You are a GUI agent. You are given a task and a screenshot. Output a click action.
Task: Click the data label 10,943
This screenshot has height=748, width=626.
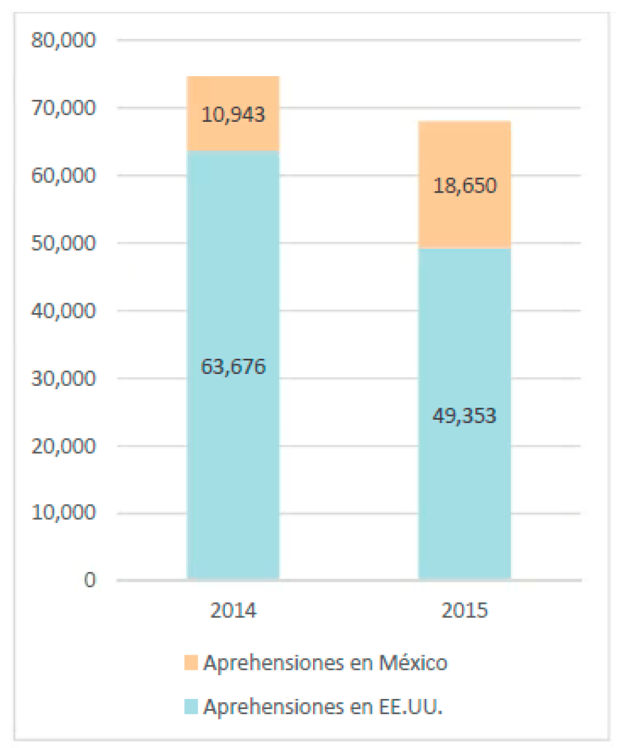[233, 115]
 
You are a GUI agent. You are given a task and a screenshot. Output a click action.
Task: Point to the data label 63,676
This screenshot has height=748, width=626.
[233, 367]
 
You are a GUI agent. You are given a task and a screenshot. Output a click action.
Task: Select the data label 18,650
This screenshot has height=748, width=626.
[465, 186]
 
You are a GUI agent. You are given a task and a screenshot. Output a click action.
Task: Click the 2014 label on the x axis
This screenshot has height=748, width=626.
[233, 610]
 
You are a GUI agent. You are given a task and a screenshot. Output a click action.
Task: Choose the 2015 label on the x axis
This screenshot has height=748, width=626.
[465, 610]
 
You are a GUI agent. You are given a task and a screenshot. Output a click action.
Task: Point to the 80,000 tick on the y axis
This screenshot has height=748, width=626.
[64, 40]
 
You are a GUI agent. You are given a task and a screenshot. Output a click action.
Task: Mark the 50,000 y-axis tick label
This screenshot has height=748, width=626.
[64, 243]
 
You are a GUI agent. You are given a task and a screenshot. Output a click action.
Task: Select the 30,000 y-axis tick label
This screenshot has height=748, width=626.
[64, 378]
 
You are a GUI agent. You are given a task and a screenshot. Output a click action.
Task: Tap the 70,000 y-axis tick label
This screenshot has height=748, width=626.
[64, 108]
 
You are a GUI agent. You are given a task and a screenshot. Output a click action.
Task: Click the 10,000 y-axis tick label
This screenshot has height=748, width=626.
[64, 513]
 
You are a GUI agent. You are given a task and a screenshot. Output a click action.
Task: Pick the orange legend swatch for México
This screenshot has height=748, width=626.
[191, 662]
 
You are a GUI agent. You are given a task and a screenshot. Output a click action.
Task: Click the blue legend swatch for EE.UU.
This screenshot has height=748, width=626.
[191, 707]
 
